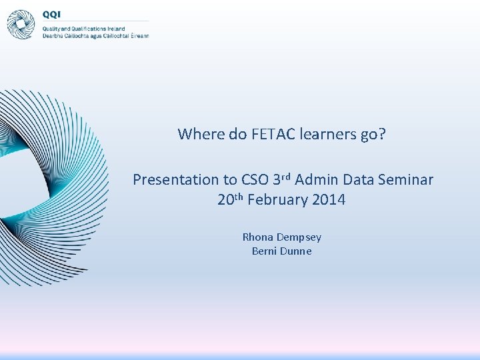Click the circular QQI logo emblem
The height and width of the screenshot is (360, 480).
pyautogui.click(x=21, y=24)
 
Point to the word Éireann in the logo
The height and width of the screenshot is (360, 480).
pyautogui.click(x=138, y=35)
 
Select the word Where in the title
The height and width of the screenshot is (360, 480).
pyautogui.click(x=201, y=134)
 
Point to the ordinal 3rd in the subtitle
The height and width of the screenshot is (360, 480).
pyautogui.click(x=282, y=179)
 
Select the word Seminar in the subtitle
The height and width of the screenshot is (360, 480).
pyautogui.click(x=406, y=179)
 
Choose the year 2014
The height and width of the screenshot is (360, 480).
pyautogui.click(x=328, y=199)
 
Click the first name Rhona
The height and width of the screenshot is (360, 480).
pyautogui.click(x=257, y=237)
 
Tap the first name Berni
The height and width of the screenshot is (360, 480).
pyautogui.click(x=265, y=251)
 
